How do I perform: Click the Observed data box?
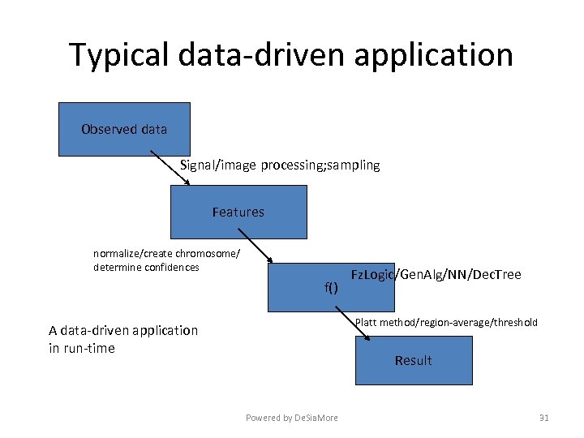pos(124,129)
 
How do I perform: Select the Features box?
pos(238,212)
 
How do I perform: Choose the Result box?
pos(414,360)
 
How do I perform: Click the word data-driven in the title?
pos(260,55)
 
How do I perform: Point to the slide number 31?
pos(543,418)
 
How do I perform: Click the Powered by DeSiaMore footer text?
pos(292,418)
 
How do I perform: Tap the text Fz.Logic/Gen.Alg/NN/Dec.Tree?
pos(436,275)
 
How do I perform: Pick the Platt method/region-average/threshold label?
pos(446,323)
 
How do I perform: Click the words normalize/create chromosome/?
pos(166,254)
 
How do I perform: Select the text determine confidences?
pos(146,267)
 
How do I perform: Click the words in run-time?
pos(82,349)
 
